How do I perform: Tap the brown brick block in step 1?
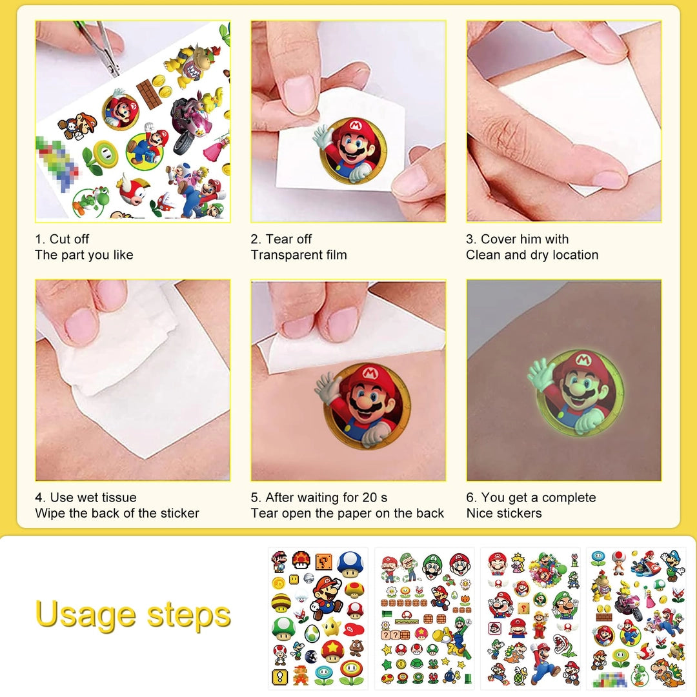click(x=149, y=94)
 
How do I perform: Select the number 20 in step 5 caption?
click(x=370, y=498)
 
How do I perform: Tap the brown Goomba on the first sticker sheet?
click(x=356, y=648)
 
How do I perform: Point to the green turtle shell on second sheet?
click(x=418, y=664)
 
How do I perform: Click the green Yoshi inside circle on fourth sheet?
click(x=640, y=674)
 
